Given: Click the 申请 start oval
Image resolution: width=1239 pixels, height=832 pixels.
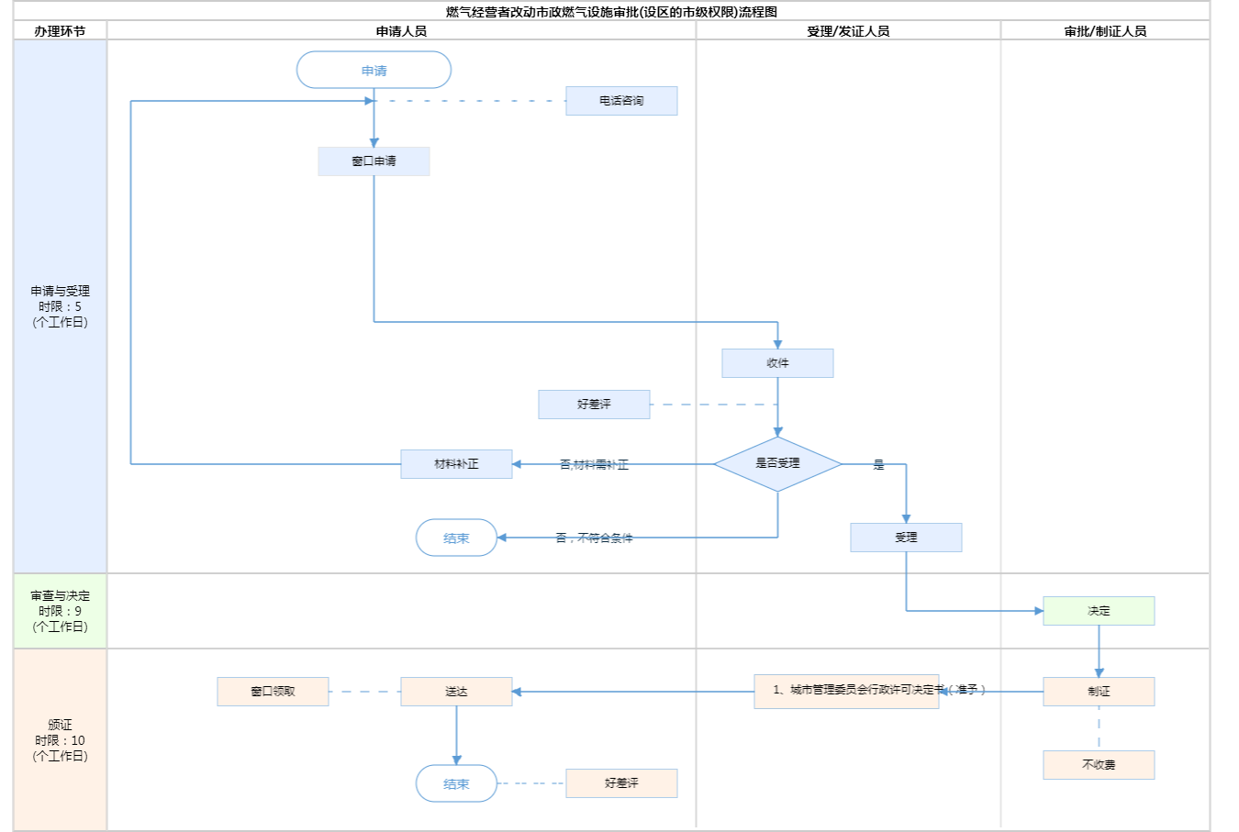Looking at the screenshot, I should click(374, 71).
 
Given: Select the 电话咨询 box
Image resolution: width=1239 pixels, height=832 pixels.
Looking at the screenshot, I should click(621, 101).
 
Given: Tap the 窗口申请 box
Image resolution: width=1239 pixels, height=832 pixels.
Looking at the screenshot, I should click(374, 161).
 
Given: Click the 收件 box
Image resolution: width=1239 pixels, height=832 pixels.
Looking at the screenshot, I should click(777, 363).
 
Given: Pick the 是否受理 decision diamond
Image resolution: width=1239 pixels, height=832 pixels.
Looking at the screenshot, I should click(777, 463).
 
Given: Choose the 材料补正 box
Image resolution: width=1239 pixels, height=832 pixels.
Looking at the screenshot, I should click(456, 464).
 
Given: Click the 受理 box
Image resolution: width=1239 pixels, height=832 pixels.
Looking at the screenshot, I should click(906, 538).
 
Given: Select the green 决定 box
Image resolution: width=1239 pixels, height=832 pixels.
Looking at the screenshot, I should click(1099, 611).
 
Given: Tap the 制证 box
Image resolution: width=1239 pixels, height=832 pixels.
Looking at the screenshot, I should click(1099, 692).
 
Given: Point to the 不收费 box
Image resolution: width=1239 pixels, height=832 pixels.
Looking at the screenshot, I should click(1099, 765).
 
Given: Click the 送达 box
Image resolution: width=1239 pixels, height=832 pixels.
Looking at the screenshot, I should click(456, 692).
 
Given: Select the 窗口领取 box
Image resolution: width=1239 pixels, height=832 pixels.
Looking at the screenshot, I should click(273, 692).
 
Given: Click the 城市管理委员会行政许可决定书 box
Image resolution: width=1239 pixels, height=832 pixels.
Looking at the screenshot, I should click(846, 691).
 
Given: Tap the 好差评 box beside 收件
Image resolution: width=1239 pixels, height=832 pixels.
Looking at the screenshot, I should click(594, 405).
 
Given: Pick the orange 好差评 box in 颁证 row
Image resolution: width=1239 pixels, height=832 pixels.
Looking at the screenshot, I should click(621, 783).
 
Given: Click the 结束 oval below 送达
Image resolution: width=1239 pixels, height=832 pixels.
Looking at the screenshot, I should click(456, 784).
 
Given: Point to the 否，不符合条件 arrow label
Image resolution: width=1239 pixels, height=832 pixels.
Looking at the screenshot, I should click(594, 538).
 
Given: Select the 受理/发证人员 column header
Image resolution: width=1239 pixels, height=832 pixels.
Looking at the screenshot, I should click(848, 31).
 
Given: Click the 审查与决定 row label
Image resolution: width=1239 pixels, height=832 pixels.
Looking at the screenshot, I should click(61, 611).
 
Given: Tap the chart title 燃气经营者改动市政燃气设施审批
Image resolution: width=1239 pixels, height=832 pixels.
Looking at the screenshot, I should click(611, 12).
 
